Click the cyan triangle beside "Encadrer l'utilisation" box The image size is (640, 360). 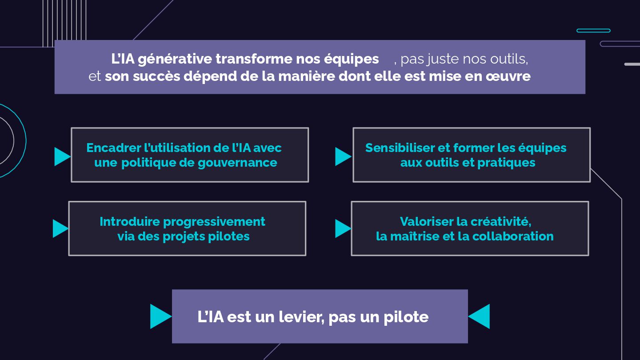[62, 156]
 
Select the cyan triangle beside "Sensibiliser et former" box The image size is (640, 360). [343, 156]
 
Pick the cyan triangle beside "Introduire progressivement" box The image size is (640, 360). [60, 228]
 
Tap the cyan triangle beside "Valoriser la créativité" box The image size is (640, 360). [342, 228]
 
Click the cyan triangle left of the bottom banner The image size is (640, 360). [160, 316]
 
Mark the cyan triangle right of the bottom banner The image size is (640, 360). [480, 316]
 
